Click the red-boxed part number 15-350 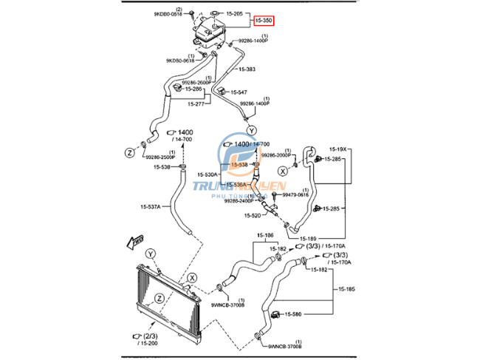[x=264, y=21]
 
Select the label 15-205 [x=235, y=13]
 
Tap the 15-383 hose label [x=247, y=69]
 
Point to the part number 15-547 [x=238, y=92]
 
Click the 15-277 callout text [x=196, y=104]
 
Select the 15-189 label [x=308, y=238]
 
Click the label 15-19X [x=337, y=149]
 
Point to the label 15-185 [x=346, y=288]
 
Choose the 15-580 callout [x=293, y=315]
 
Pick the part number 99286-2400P [x=239, y=200]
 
